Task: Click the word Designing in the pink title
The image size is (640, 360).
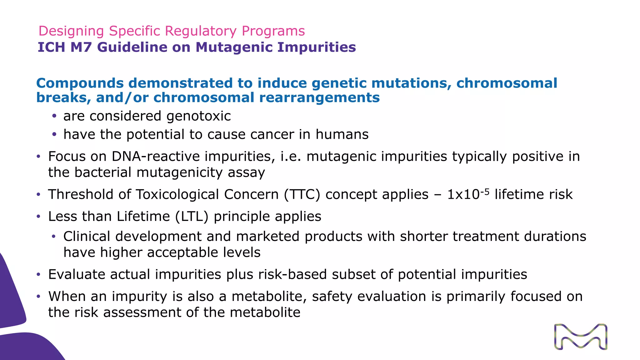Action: coord(71,31)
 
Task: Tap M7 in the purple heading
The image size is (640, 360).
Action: coord(81,47)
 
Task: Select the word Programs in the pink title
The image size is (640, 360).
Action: coord(273,31)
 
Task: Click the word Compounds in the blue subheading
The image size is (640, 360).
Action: coord(80,83)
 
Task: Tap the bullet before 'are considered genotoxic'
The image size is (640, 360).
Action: coord(54,116)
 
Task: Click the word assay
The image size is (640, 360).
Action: coord(246,172)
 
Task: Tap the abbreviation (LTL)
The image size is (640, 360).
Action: coord(192,216)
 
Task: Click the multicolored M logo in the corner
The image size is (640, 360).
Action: coord(581,337)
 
